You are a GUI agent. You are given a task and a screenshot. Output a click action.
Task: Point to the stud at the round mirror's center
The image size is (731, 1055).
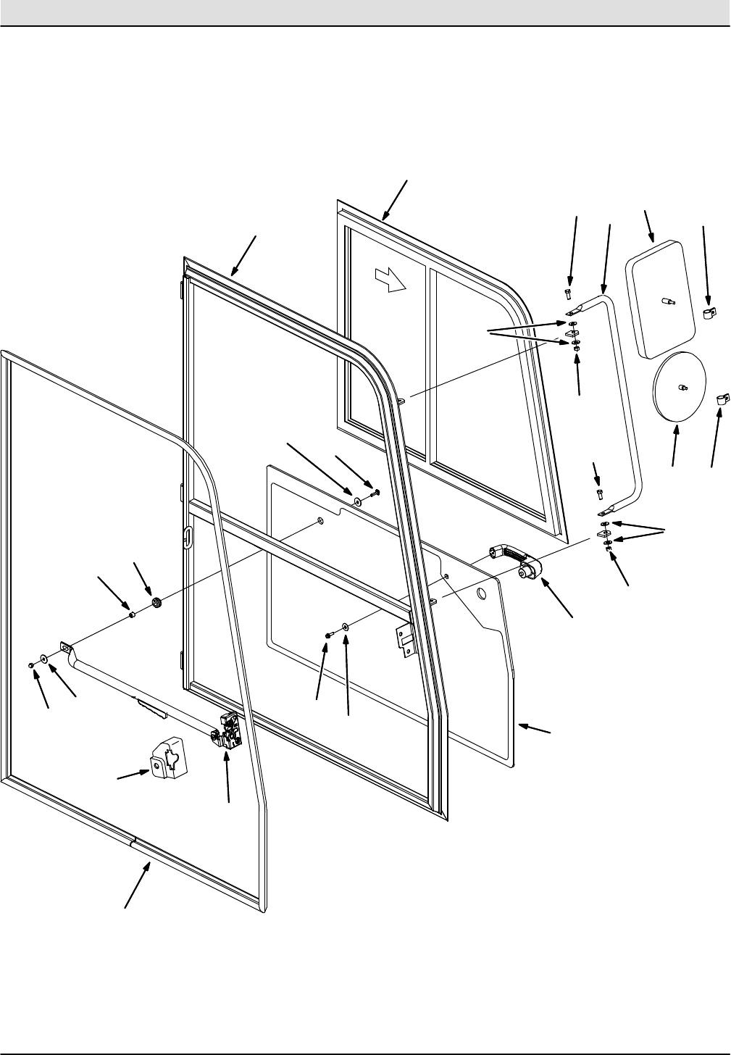pos(682,388)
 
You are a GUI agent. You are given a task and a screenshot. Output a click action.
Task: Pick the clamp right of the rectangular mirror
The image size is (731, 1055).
pos(709,314)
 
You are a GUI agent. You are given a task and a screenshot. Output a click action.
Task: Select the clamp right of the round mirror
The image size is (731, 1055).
pos(722,398)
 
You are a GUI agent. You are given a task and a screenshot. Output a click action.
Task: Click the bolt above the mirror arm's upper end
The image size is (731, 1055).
pos(569,293)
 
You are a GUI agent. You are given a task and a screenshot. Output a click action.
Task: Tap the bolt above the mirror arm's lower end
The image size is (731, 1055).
pos(598,494)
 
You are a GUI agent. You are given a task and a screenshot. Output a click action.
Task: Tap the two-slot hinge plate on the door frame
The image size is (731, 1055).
pos(404,637)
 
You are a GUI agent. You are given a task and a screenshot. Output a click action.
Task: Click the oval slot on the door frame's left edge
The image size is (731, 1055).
pos(188,537)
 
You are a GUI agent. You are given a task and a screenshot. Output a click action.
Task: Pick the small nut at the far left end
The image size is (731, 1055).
pos(31,664)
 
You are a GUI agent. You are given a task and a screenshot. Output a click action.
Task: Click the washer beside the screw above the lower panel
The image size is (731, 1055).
pos(358,501)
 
